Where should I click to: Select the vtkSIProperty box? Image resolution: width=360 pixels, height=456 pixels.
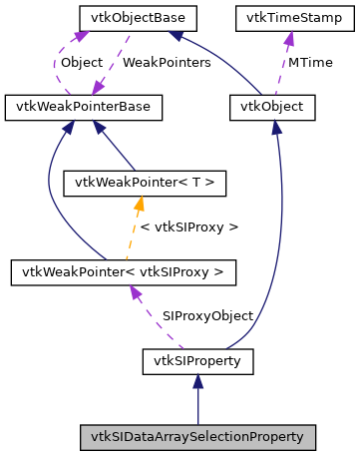pyautogui.click(x=197, y=358)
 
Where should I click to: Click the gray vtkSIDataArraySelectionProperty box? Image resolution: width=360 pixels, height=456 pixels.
pyautogui.click(x=197, y=437)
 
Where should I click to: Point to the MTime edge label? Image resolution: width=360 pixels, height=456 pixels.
pyautogui.click(x=310, y=62)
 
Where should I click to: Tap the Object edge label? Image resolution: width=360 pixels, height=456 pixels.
pyautogui.click(x=81, y=62)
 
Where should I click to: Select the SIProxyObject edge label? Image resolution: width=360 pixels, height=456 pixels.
pyautogui.click(x=207, y=315)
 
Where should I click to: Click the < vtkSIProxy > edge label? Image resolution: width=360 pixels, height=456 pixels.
pyautogui.click(x=190, y=228)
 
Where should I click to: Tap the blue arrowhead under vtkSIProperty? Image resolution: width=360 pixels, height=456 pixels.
pyautogui.click(x=197, y=380)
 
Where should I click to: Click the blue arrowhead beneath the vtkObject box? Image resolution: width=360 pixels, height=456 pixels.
pyautogui.click(x=275, y=125)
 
